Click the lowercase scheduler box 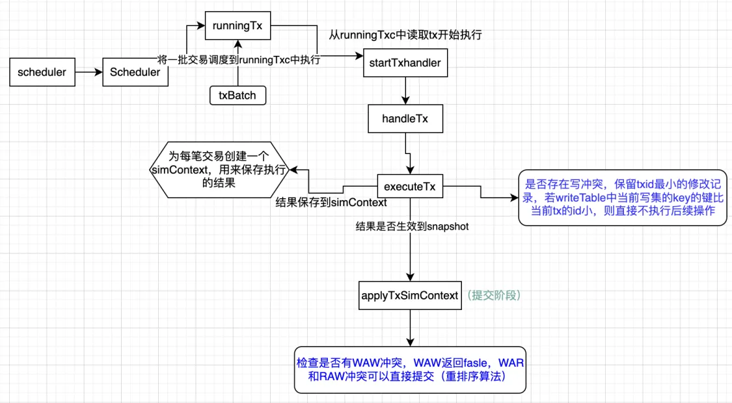click(x=42, y=72)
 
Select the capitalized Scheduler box click(x=135, y=72)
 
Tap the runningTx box click(x=237, y=27)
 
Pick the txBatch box click(x=237, y=96)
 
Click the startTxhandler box click(x=405, y=64)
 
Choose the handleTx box click(x=405, y=120)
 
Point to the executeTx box click(x=410, y=187)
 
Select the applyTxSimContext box click(x=410, y=295)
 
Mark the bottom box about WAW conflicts click(x=410, y=369)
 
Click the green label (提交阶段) click(x=494, y=295)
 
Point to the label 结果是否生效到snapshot click(x=412, y=226)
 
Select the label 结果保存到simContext click(x=332, y=203)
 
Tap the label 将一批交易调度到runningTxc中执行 click(x=240, y=59)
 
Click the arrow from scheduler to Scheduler click(x=88, y=72)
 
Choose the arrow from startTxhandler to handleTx click(x=405, y=92)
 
